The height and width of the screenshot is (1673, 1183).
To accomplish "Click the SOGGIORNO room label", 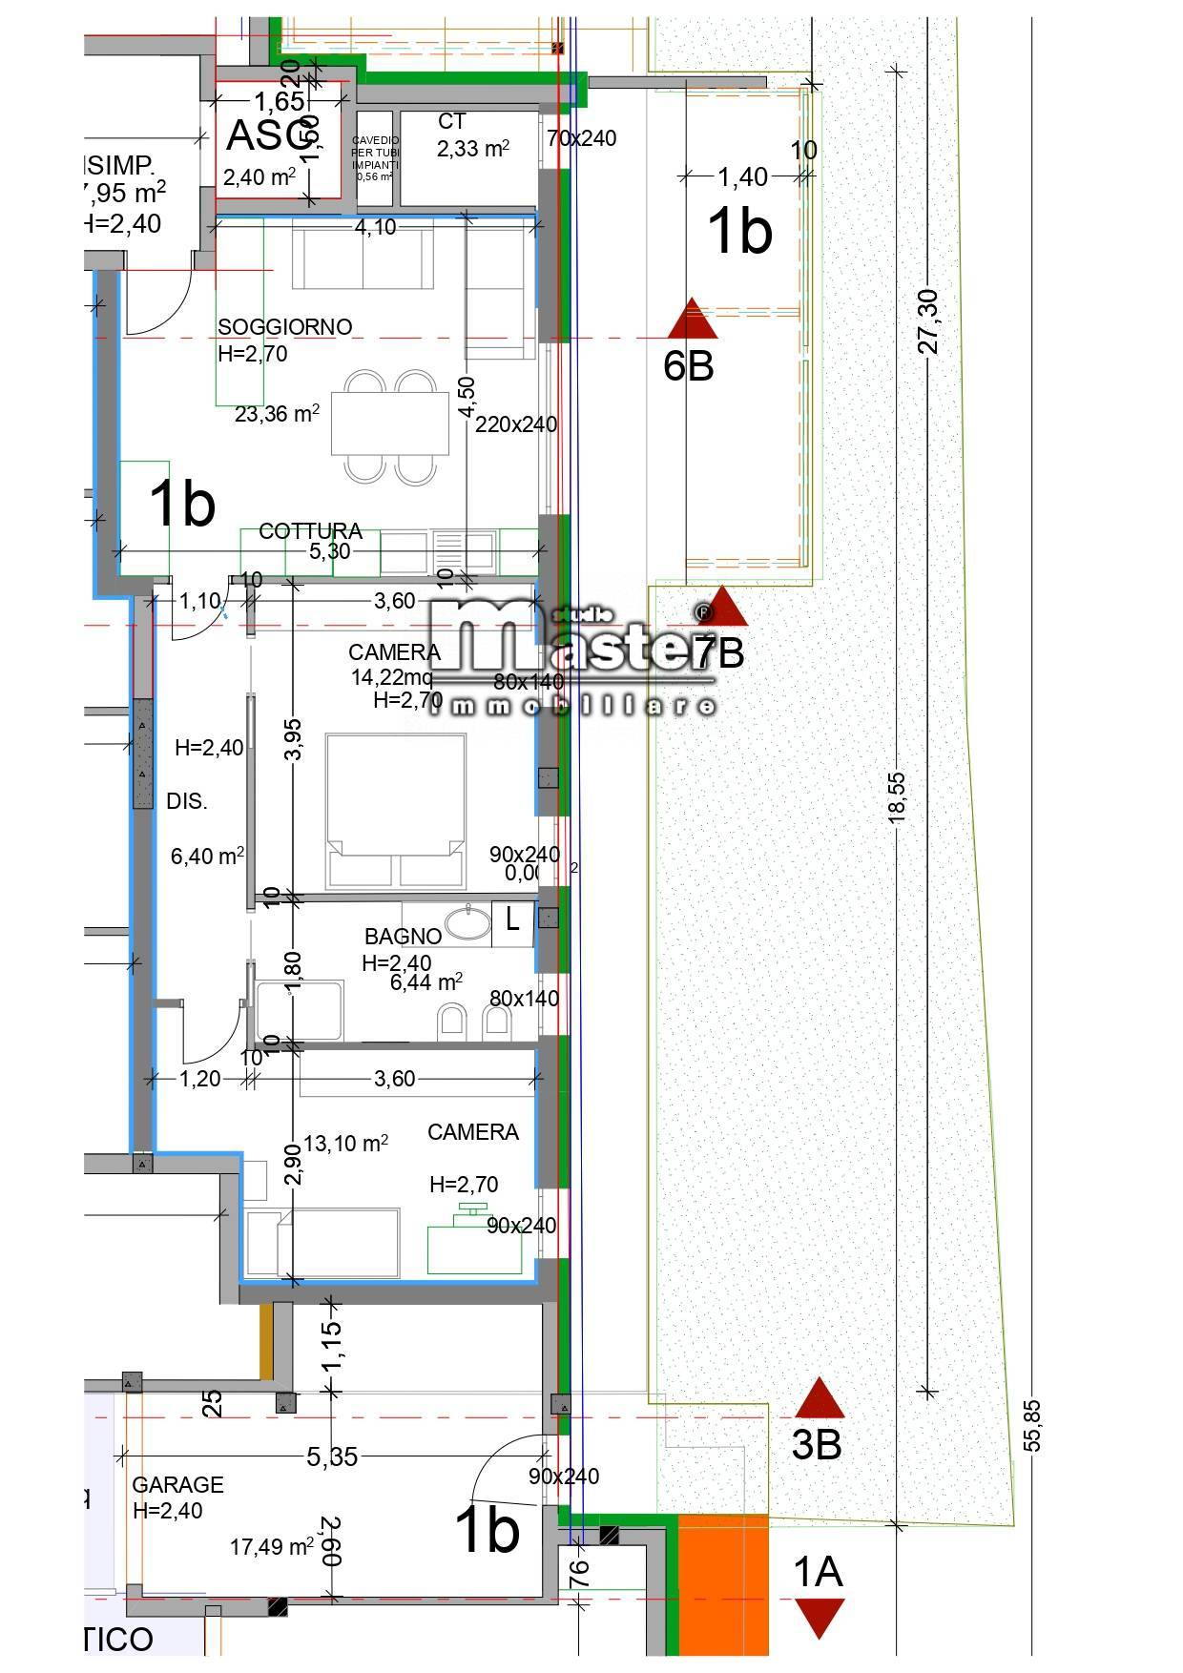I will click(x=284, y=327).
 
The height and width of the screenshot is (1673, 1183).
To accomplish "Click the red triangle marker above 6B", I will click(x=692, y=320).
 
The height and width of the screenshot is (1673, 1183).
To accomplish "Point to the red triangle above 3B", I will click(x=820, y=1398).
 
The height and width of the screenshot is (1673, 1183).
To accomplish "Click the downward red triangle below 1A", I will click(x=819, y=1618).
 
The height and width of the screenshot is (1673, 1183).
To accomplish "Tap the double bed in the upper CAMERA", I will click(x=395, y=811).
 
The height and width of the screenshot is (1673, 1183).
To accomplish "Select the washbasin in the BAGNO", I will click(x=467, y=923).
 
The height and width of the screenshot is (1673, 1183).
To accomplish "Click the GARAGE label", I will click(x=177, y=1485).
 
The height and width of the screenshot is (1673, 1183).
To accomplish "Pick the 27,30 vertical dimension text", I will click(x=927, y=321).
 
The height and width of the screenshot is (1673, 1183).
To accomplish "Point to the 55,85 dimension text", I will click(x=1034, y=1425).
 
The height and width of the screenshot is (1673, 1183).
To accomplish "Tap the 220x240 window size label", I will click(x=516, y=424).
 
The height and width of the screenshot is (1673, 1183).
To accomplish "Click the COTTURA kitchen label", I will click(x=310, y=531).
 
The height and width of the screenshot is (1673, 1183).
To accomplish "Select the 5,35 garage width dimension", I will click(x=331, y=1456).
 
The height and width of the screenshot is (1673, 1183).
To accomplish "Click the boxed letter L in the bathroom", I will click(x=512, y=920).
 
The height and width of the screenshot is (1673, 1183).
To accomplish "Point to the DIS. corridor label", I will click(x=187, y=801).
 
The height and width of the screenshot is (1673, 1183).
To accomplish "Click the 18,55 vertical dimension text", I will click(x=897, y=797).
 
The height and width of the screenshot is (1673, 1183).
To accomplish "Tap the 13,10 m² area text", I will click(x=345, y=1143).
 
